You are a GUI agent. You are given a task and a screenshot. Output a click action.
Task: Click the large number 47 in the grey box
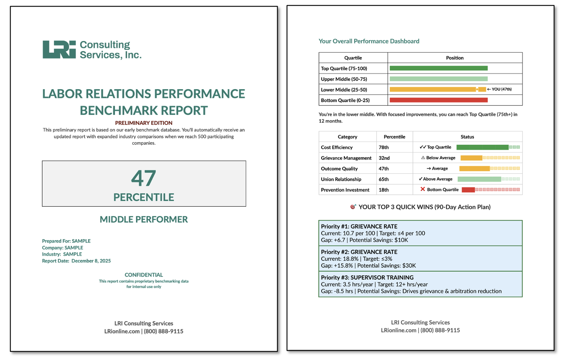[x=143, y=178]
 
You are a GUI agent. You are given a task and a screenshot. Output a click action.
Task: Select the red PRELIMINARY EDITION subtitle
[x=143, y=123]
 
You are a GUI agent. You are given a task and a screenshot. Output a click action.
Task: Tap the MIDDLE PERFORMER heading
[x=143, y=219]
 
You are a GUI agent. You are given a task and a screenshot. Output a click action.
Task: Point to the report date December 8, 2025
[x=91, y=261]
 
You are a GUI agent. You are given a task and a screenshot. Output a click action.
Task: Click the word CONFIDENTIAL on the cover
[x=143, y=275]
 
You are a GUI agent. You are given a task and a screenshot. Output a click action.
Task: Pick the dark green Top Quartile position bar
[x=438, y=68]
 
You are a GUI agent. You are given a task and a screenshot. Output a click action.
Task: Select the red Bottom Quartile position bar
[x=438, y=100]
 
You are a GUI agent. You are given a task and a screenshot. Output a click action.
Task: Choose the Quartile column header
[x=353, y=58]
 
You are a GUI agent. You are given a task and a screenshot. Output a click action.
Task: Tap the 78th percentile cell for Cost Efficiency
[x=384, y=147]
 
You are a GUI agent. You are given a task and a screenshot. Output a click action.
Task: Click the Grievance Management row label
[x=346, y=158]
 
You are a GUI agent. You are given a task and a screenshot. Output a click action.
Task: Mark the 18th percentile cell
[x=384, y=190]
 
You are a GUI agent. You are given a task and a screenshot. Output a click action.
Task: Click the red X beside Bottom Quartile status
[x=423, y=189]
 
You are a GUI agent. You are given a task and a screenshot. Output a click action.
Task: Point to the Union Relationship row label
[x=341, y=179]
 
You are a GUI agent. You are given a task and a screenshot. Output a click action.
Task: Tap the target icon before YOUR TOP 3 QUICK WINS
[x=353, y=207]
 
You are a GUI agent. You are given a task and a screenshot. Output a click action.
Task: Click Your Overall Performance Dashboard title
[x=369, y=41]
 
